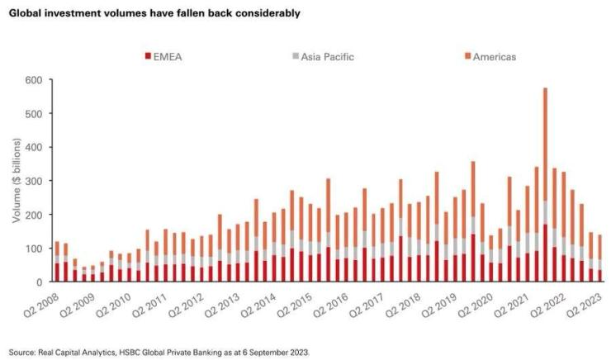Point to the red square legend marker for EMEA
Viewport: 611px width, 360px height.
[x=149, y=56]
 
